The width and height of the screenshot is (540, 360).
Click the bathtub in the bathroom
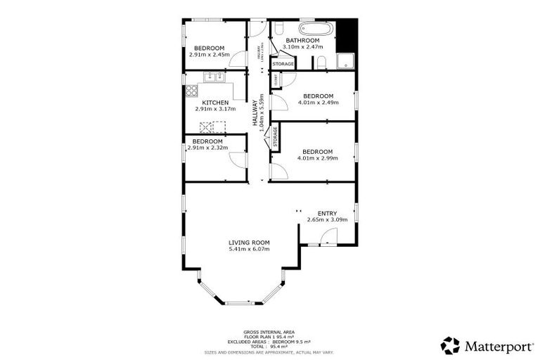[x=316, y=30]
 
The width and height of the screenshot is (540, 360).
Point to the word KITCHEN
[x=214, y=103]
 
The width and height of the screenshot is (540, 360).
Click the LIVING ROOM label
[x=249, y=243]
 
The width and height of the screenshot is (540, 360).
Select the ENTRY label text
[x=327, y=214]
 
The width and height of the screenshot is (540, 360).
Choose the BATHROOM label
[x=302, y=41]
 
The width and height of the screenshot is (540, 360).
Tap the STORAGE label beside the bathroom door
[x=283, y=64]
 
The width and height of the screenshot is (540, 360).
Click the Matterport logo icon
[x=450, y=345]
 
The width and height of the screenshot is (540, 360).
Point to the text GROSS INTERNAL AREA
[x=269, y=332]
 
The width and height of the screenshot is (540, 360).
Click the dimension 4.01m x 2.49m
[x=318, y=103]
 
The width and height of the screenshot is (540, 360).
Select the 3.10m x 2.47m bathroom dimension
[x=302, y=47]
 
